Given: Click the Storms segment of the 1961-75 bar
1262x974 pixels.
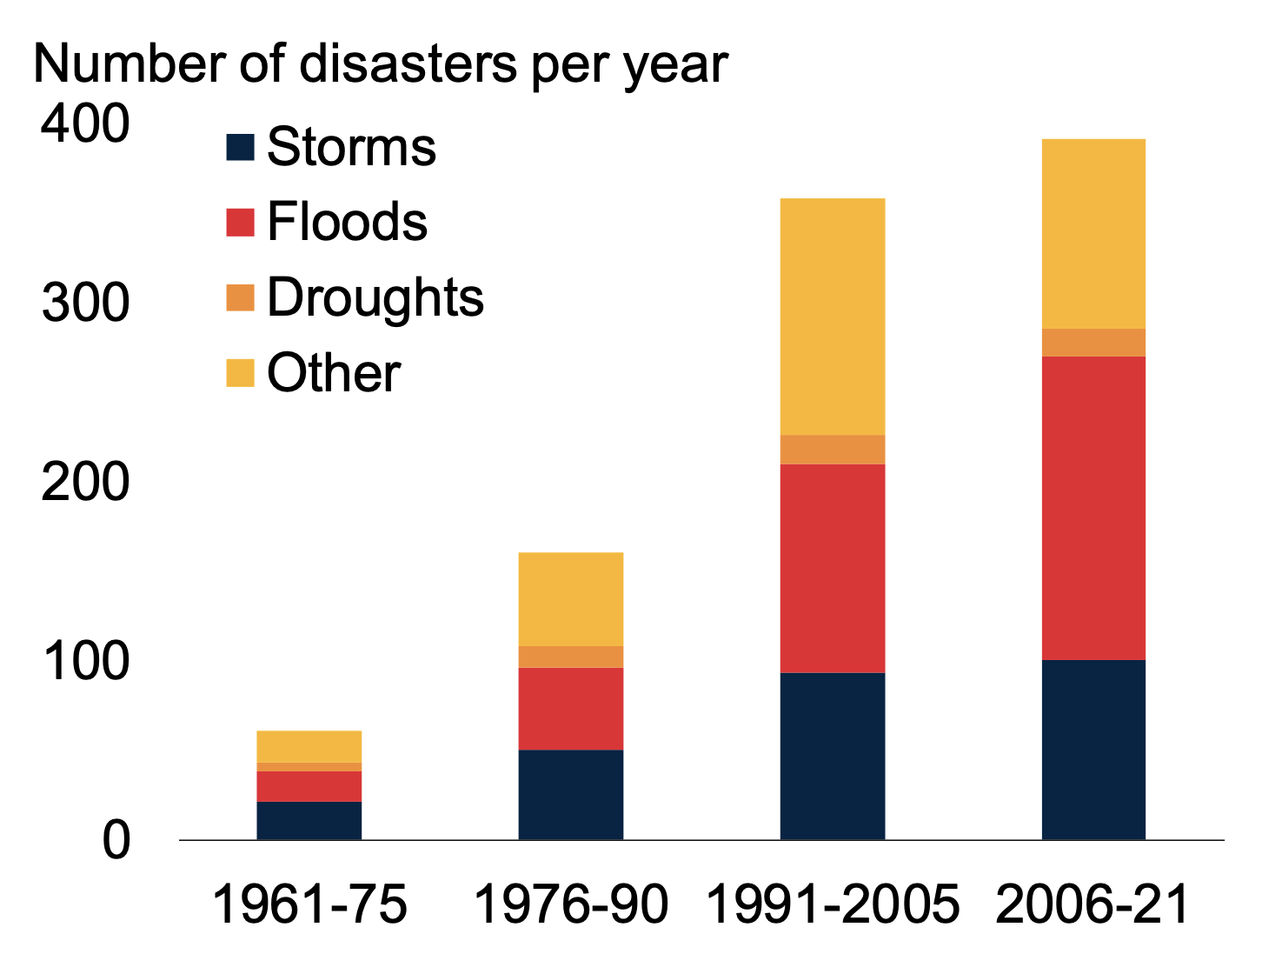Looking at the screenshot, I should coord(309,820).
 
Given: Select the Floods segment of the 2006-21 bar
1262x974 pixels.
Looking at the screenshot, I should coord(1093,508).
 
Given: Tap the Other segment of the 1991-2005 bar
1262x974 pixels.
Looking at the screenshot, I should coord(832,317).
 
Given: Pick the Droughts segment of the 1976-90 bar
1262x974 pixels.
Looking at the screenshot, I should coord(570,657).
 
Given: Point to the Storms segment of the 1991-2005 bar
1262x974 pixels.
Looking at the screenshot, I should coord(832,756).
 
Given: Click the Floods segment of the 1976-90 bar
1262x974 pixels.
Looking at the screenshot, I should coord(570,708).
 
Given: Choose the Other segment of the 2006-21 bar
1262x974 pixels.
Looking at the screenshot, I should coord(1093,234).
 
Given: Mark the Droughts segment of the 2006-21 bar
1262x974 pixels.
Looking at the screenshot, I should coord(1093,343).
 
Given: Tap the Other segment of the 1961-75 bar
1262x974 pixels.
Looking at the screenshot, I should coord(309,746).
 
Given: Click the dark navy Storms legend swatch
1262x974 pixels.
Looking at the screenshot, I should coord(240,147).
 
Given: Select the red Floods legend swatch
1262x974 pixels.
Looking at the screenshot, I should coord(240,222).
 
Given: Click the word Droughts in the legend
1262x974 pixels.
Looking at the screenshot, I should coord(375,297).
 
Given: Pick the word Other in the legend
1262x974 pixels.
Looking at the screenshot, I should coord(334,373).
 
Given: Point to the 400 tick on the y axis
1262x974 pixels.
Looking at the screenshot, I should coord(85,124).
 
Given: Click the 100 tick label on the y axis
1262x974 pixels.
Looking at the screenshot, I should coord(85,662).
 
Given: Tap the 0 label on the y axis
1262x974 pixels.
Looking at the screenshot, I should coord(116,841).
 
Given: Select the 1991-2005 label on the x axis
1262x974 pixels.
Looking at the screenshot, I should coord(832,904).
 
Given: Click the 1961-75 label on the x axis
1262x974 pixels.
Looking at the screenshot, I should coord(309,904).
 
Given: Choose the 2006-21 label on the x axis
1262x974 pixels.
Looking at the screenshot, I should coord(1093,904).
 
